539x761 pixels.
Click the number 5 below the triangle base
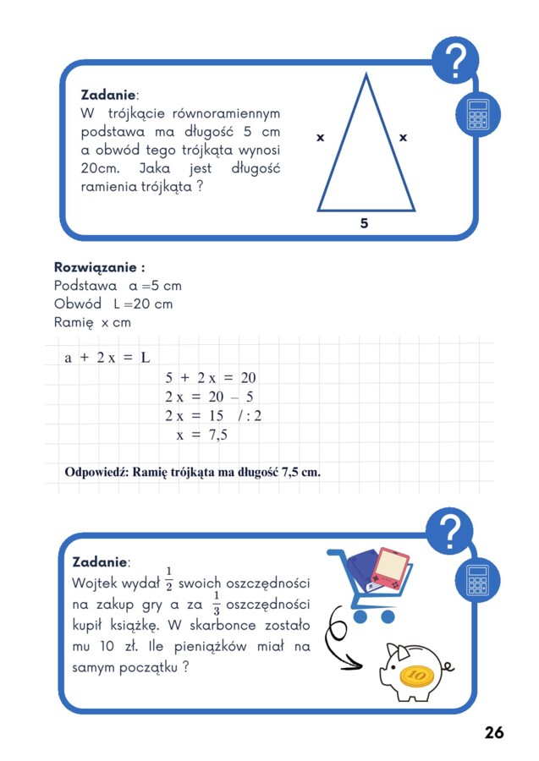coord(364,223)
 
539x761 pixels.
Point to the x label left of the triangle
coord(321,137)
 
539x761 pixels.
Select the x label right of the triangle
coord(403,137)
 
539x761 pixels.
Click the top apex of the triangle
coord(366,76)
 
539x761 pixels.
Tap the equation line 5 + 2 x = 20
coord(210,378)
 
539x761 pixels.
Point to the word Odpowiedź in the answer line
coord(96,472)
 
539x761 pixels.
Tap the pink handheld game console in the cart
coord(391,568)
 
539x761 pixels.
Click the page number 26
coord(494,732)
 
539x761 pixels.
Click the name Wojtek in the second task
coord(97,583)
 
